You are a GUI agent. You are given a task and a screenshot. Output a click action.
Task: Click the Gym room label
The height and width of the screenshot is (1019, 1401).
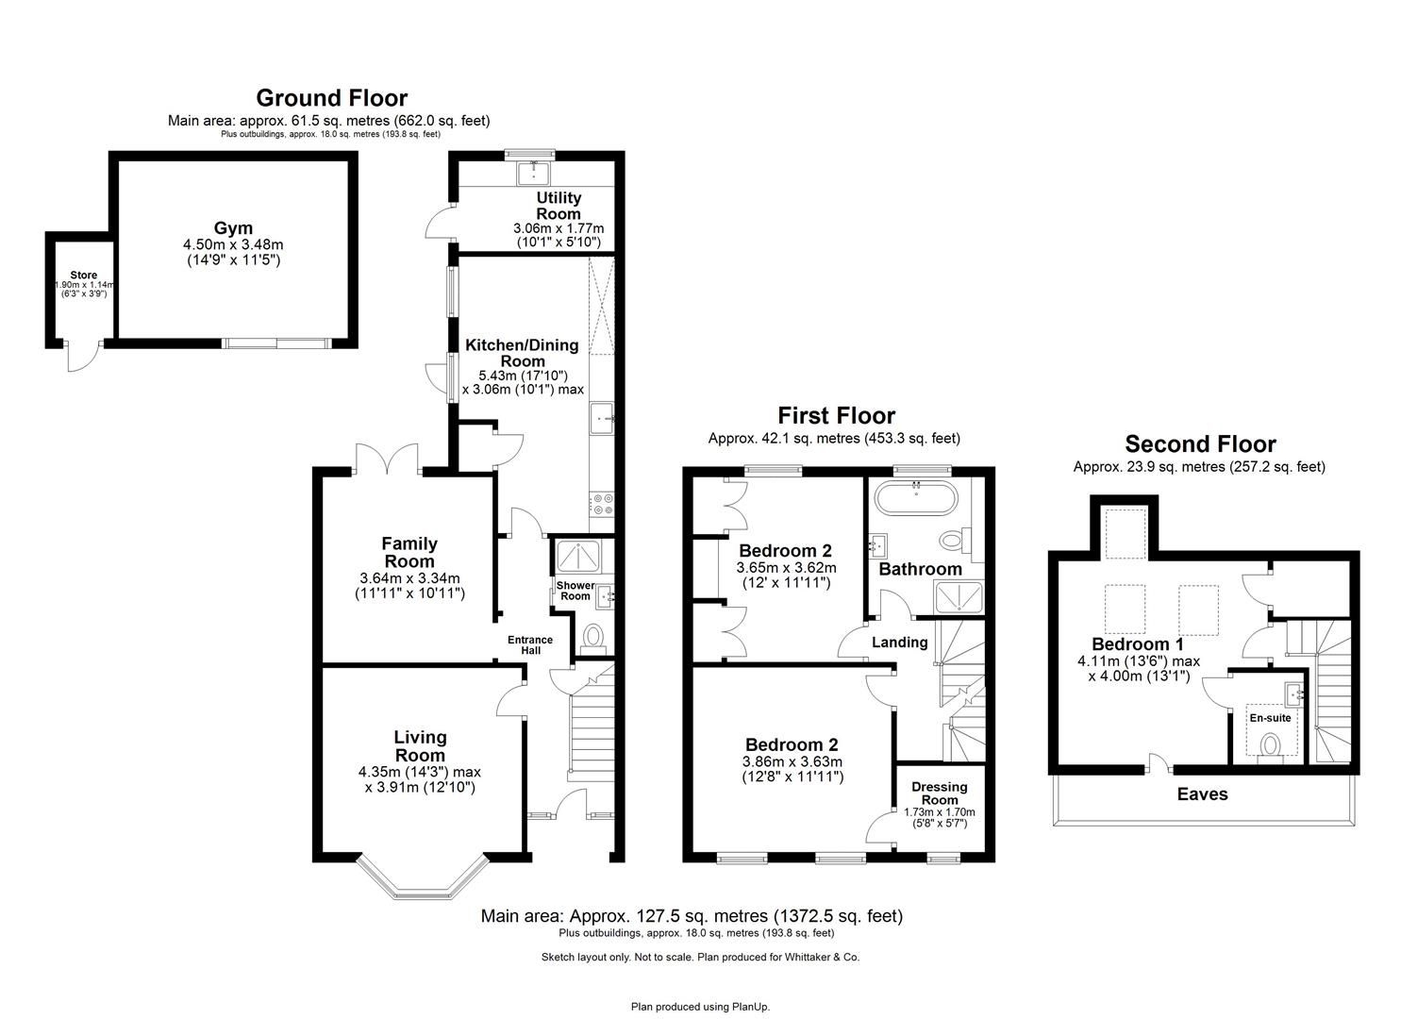(233, 228)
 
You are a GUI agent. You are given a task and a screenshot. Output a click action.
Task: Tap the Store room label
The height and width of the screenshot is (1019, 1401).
(84, 276)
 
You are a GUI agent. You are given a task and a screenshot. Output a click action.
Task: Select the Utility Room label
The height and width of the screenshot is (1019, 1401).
(559, 206)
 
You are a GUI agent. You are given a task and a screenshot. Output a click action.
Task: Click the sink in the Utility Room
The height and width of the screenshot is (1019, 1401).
(533, 173)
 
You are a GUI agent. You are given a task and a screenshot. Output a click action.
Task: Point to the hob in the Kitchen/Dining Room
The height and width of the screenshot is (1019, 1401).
(602, 504)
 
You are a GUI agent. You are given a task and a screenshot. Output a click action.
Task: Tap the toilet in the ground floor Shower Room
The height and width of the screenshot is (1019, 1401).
(593, 638)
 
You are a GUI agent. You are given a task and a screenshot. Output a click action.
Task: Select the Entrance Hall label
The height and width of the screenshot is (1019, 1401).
(530, 646)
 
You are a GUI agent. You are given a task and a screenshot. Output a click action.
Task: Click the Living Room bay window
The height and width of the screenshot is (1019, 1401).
(422, 877)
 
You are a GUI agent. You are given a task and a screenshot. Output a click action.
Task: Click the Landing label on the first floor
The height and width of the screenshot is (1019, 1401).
(899, 643)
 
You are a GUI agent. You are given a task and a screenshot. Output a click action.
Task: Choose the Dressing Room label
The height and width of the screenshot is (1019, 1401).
(939, 793)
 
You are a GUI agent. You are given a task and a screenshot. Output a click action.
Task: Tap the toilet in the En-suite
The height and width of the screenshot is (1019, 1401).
(1271, 746)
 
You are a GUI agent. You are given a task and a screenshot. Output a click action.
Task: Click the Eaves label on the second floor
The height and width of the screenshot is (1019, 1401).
(1202, 794)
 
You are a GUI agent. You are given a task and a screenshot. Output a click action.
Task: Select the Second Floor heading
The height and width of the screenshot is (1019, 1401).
(1200, 444)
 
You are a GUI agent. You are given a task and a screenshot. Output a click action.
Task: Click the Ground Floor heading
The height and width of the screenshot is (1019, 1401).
(331, 98)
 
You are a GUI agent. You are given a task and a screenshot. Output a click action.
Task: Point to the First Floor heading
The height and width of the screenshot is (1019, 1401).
(836, 415)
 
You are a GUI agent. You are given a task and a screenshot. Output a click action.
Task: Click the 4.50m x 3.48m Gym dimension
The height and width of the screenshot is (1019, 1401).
(233, 245)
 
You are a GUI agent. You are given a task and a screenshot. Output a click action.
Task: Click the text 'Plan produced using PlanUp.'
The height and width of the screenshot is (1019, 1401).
(700, 1007)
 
